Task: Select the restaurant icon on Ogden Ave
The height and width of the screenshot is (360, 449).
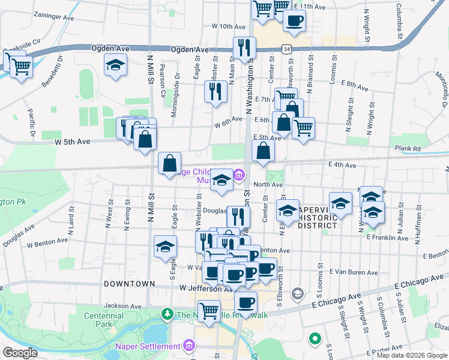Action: tap(244, 47)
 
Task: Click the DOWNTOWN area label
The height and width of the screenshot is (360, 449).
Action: tap(130, 283)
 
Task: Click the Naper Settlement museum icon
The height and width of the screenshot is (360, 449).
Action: tap(190, 346)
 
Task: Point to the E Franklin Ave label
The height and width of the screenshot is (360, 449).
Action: tap(387, 238)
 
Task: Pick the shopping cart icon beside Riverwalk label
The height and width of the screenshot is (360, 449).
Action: tap(209, 311)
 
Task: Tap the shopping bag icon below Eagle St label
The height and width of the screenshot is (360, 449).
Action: tap(170, 162)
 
